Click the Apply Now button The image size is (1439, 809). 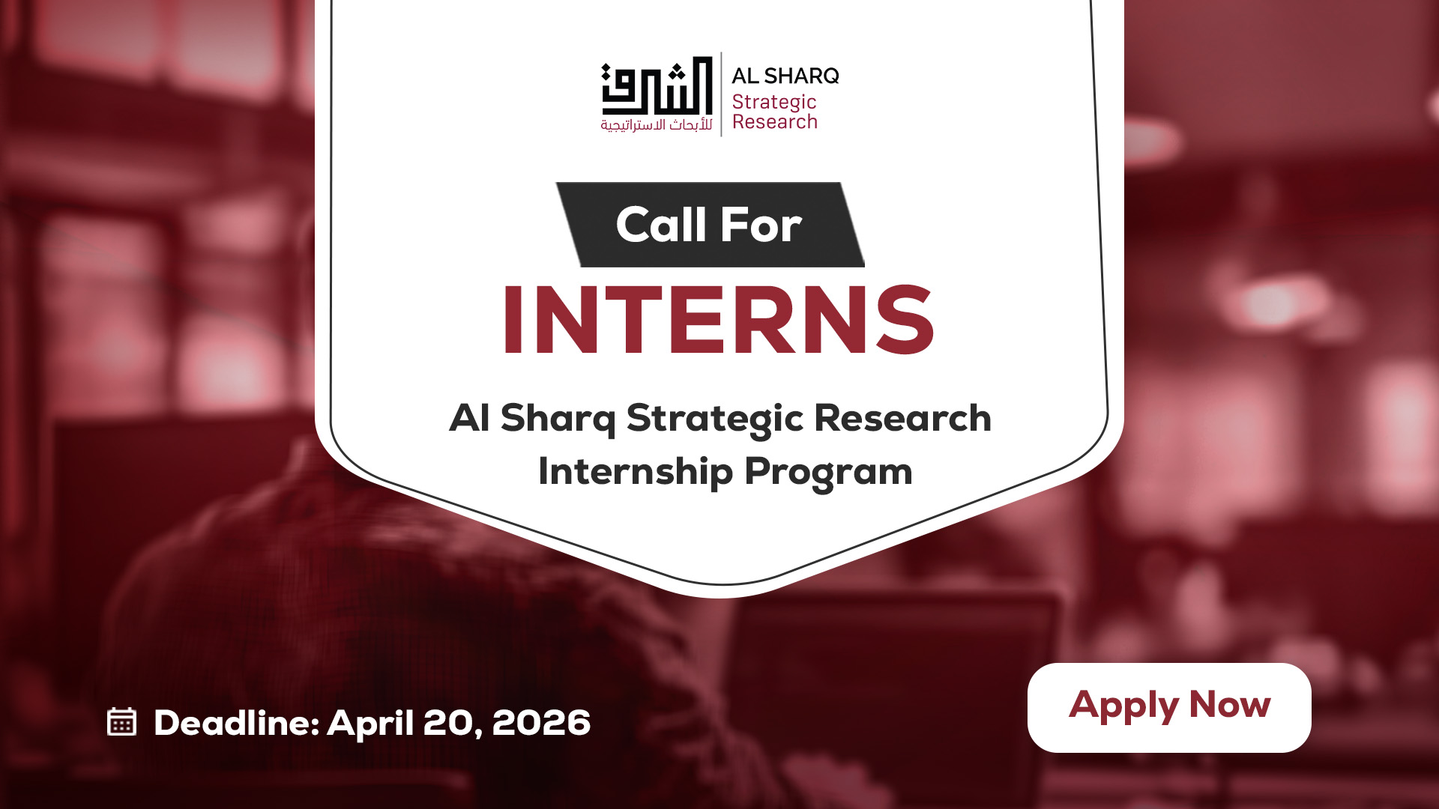pyautogui.click(x=1169, y=707)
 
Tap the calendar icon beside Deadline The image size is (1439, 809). pyautogui.click(x=121, y=721)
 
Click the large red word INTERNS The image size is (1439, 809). pyautogui.click(x=719, y=320)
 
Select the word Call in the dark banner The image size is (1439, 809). pyautogui.click(x=661, y=224)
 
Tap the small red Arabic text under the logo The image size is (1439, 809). pyautogui.click(x=657, y=125)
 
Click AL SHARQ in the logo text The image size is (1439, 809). pyautogui.click(x=785, y=76)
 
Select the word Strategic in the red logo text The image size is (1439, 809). pyautogui.click(x=774, y=103)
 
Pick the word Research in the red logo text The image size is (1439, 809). pyautogui.click(x=775, y=121)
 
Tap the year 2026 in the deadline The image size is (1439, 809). pyautogui.click(x=541, y=723)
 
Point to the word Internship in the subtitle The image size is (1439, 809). pyautogui.click(x=636, y=472)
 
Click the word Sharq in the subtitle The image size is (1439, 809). pyautogui.click(x=558, y=419)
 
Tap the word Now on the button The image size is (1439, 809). pyautogui.click(x=1230, y=705)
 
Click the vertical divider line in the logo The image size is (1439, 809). pyautogui.click(x=721, y=94)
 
